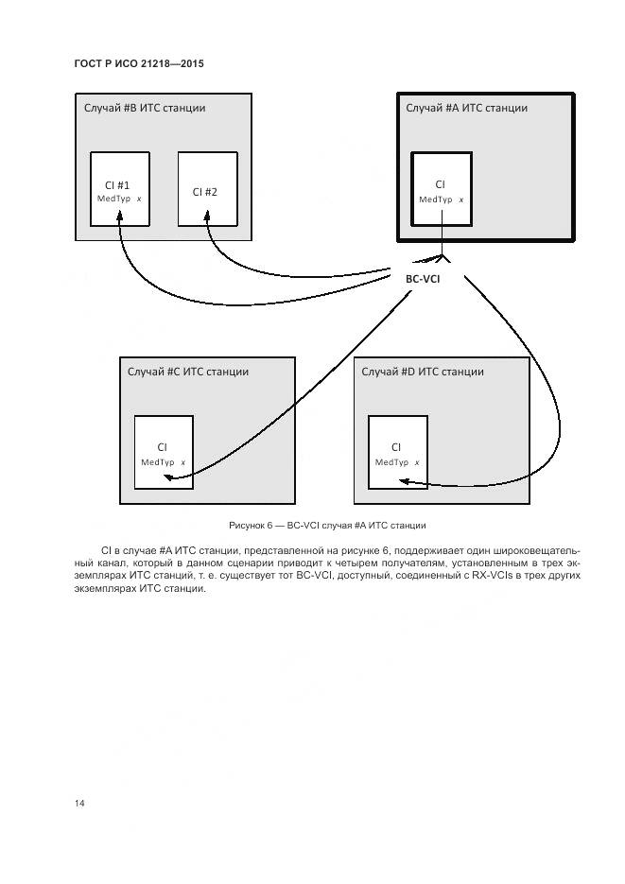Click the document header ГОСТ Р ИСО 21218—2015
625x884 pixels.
[139, 63]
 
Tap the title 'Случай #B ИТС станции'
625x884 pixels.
[144, 108]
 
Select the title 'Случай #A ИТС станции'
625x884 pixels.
[466, 108]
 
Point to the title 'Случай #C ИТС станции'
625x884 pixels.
[188, 372]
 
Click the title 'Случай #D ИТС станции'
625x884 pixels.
[423, 372]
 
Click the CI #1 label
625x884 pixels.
[119, 185]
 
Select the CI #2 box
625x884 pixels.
[208, 189]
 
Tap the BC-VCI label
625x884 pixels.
[423, 278]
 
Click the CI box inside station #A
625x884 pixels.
[441, 188]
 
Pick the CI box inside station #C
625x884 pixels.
[164, 452]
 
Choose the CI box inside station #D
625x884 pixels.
[397, 452]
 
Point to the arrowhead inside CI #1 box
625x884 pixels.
[119, 217]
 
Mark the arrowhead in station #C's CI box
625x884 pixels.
[165, 478]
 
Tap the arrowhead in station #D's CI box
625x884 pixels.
[402, 481]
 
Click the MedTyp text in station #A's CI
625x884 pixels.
[436, 199]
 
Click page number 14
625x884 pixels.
[79, 803]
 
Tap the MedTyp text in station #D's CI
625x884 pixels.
[391, 462]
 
